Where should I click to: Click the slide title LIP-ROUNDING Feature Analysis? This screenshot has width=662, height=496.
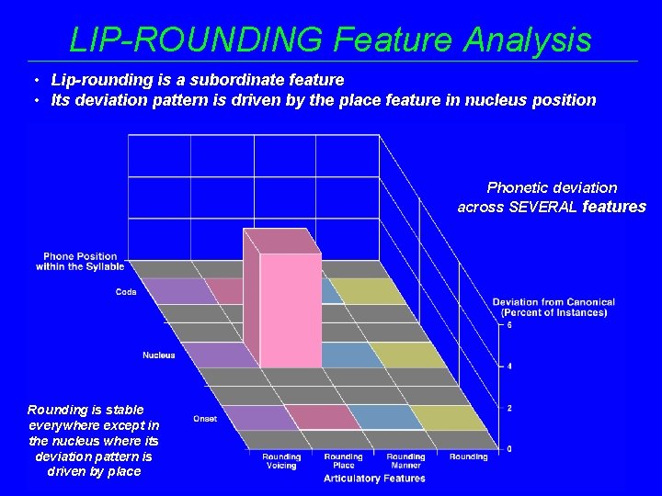[330, 39]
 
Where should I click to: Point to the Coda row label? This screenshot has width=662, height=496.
[126, 292]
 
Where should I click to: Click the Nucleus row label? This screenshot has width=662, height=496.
[158, 355]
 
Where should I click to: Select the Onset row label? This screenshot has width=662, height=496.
[205, 419]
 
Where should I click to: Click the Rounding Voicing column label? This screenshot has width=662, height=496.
[281, 461]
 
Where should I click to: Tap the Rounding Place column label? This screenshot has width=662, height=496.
[343, 461]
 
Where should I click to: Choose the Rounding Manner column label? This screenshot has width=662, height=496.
[405, 461]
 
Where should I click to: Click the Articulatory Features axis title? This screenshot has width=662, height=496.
[374, 479]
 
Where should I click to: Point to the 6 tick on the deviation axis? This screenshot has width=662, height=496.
[510, 325]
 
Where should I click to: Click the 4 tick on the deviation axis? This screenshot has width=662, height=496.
[510, 366]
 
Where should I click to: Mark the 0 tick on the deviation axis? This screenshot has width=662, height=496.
[510, 449]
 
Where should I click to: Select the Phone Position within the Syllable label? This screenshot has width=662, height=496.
[80, 261]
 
